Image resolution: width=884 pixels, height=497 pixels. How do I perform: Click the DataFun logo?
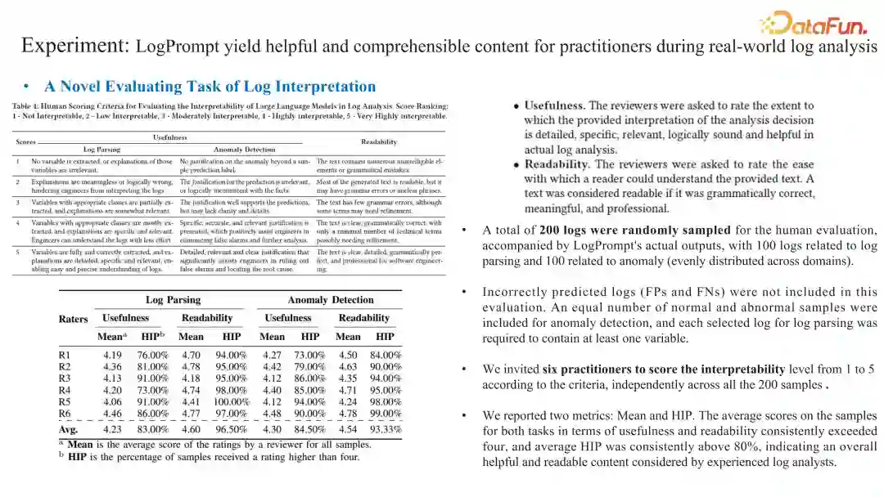coord(819,22)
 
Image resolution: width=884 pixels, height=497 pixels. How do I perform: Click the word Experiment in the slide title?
coord(74,45)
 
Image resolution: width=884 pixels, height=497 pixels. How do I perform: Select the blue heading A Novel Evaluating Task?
coord(210,87)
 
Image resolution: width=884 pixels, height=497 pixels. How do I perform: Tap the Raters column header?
coord(74,319)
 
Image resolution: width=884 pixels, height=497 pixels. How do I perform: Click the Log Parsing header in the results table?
coord(173,300)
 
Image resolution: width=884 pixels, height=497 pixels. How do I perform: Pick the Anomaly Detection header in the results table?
coord(331,300)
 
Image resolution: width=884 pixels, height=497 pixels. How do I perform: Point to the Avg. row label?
coord(69,428)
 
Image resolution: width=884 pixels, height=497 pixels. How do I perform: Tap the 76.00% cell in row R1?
coord(152,355)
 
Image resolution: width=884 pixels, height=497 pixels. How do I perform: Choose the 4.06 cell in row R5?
coord(112,402)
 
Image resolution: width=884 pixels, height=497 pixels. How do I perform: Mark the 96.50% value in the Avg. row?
coord(230,428)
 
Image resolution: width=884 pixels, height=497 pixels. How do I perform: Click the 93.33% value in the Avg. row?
coord(385,428)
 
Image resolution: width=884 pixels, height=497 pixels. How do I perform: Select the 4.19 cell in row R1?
coord(112,355)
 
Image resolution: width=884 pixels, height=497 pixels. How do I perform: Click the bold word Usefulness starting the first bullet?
coord(554,105)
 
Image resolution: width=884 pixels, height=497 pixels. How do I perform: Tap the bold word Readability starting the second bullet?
coord(557,164)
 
